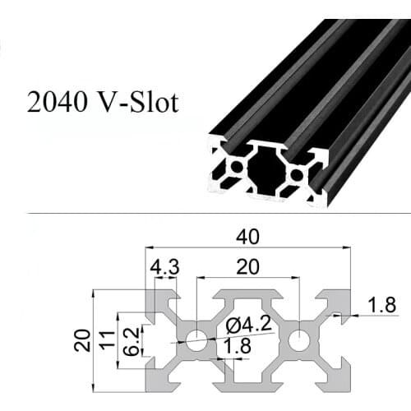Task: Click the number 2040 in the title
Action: tap(55, 104)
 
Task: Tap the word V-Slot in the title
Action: tap(135, 104)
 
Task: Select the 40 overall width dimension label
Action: tap(247, 237)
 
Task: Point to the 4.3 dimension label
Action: tap(162, 267)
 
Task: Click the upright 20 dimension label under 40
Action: tap(247, 267)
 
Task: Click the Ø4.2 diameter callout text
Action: tap(246, 326)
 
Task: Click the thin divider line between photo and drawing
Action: tap(205, 215)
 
